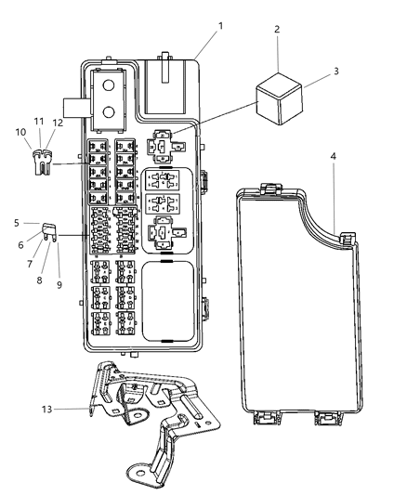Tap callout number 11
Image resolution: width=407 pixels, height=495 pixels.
pyautogui.click(x=38, y=122)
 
